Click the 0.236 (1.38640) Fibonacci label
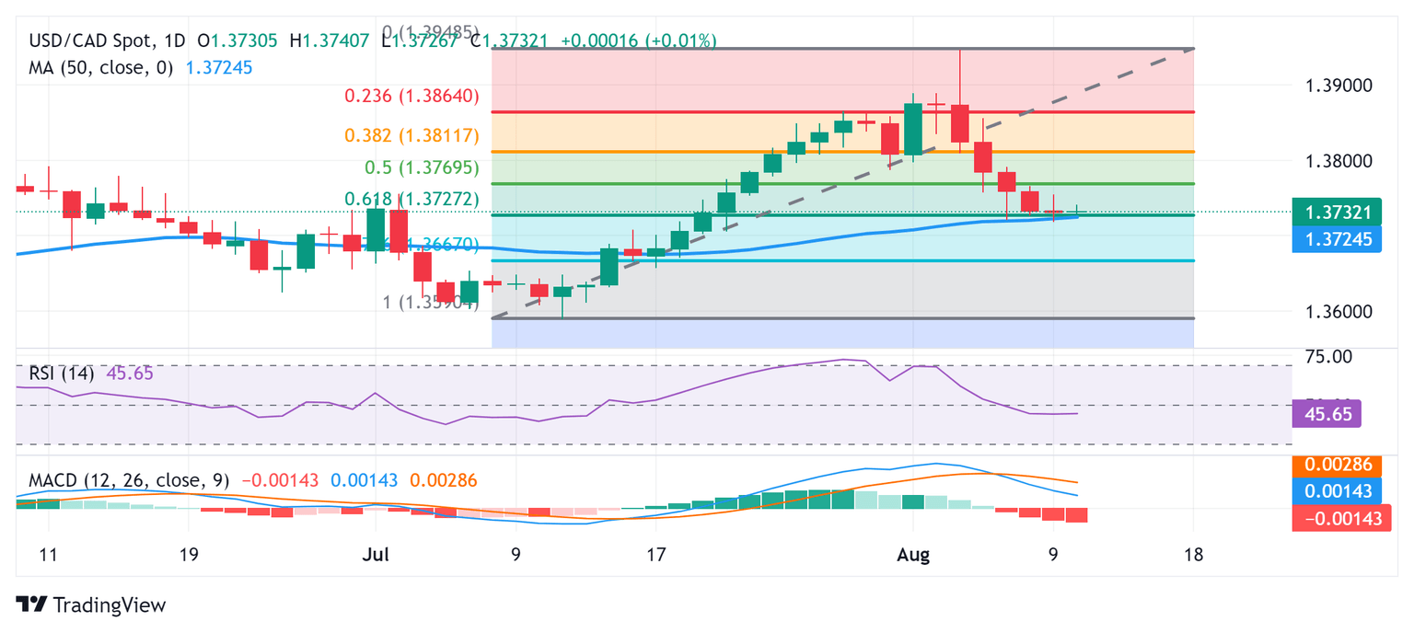click(x=411, y=96)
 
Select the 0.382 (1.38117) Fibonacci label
click(x=411, y=135)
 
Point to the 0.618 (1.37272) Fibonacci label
click(x=411, y=199)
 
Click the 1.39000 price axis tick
click(x=1339, y=86)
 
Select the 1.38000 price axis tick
click(x=1339, y=161)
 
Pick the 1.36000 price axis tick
click(x=1339, y=311)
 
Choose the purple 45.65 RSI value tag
click(x=1327, y=414)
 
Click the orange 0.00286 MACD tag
click(x=1336, y=466)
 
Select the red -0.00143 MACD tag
click(x=1336, y=518)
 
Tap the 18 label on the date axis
click(x=1194, y=556)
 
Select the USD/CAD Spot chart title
click(x=93, y=40)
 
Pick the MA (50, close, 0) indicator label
click(x=101, y=67)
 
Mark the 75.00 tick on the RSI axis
click(x=1329, y=356)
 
